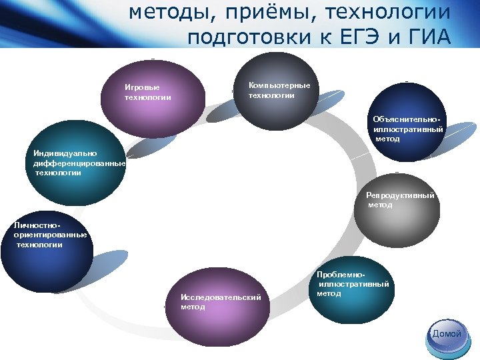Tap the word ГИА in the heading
click(427, 37)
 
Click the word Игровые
click(141, 87)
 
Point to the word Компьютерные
click(279, 85)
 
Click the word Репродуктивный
click(400, 196)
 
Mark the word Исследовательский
click(220, 297)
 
